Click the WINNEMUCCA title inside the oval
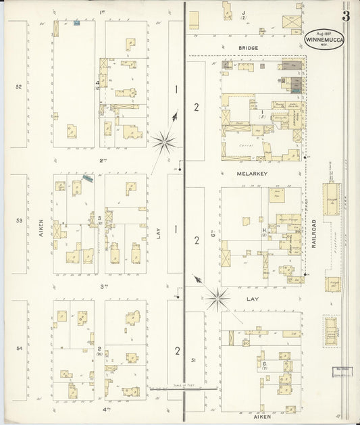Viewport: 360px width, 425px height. point(323,39)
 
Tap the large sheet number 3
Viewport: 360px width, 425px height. point(346,16)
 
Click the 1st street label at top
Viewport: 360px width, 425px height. point(103,12)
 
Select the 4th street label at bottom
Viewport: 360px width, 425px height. point(105,409)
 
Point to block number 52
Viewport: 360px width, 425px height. point(19,87)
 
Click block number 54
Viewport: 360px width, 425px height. point(20,348)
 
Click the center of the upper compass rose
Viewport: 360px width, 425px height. point(163,142)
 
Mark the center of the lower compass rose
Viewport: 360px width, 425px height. point(218,295)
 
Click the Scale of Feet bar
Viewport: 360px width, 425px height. point(183,389)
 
